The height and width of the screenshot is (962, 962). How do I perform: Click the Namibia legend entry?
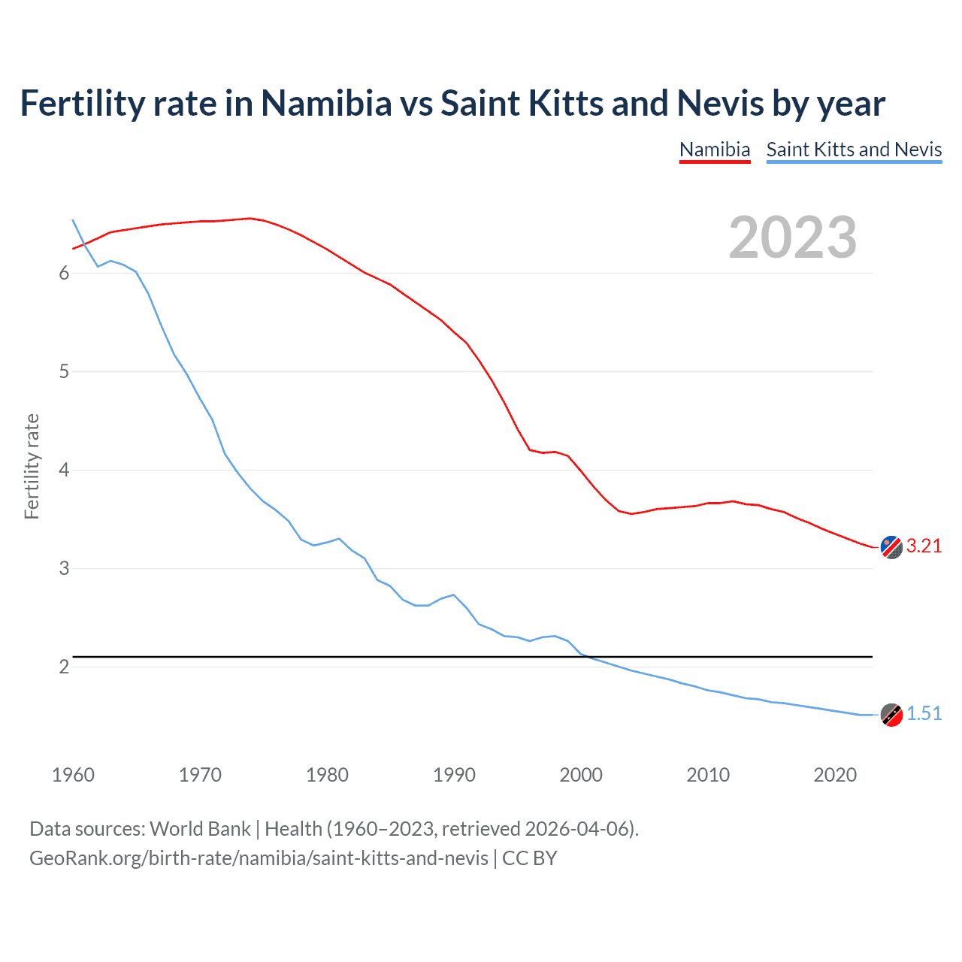[715, 150]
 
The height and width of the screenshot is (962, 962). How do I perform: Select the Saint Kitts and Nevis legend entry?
[854, 150]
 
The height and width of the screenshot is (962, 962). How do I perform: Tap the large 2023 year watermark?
[793, 237]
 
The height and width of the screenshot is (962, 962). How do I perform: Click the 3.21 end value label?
[924, 546]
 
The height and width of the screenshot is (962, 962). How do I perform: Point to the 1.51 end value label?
[924, 714]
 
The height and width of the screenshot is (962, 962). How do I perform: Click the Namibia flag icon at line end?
[891, 547]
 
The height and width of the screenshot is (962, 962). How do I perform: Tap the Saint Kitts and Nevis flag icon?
[891, 715]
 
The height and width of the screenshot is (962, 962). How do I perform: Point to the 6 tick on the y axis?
[64, 274]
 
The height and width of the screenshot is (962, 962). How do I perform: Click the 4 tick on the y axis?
[64, 470]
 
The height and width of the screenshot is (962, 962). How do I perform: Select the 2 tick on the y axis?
[64, 667]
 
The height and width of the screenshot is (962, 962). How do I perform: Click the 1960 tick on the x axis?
[73, 775]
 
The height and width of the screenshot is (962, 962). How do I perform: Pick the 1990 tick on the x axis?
[454, 775]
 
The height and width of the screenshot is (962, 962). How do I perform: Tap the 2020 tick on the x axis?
[835, 775]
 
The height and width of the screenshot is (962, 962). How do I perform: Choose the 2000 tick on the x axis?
[581, 775]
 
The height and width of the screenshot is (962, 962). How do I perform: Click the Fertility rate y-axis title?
[32, 466]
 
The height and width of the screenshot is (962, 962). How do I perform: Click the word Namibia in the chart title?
[326, 104]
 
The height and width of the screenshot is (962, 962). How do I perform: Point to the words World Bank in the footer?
[200, 829]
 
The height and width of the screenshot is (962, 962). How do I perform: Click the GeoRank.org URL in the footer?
[259, 858]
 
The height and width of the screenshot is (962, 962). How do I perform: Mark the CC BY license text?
[530, 858]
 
